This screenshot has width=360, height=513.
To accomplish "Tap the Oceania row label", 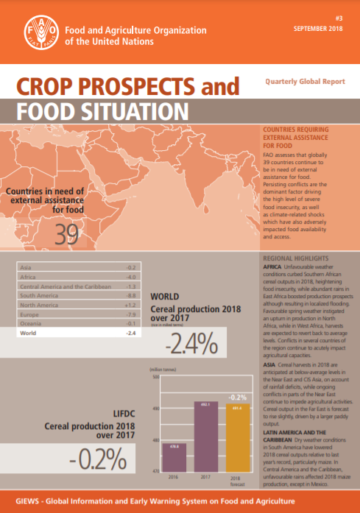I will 31,322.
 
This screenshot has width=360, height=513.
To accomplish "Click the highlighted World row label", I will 29,333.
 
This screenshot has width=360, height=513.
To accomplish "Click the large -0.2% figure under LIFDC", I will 93,459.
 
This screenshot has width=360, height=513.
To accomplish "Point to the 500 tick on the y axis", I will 155,376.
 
